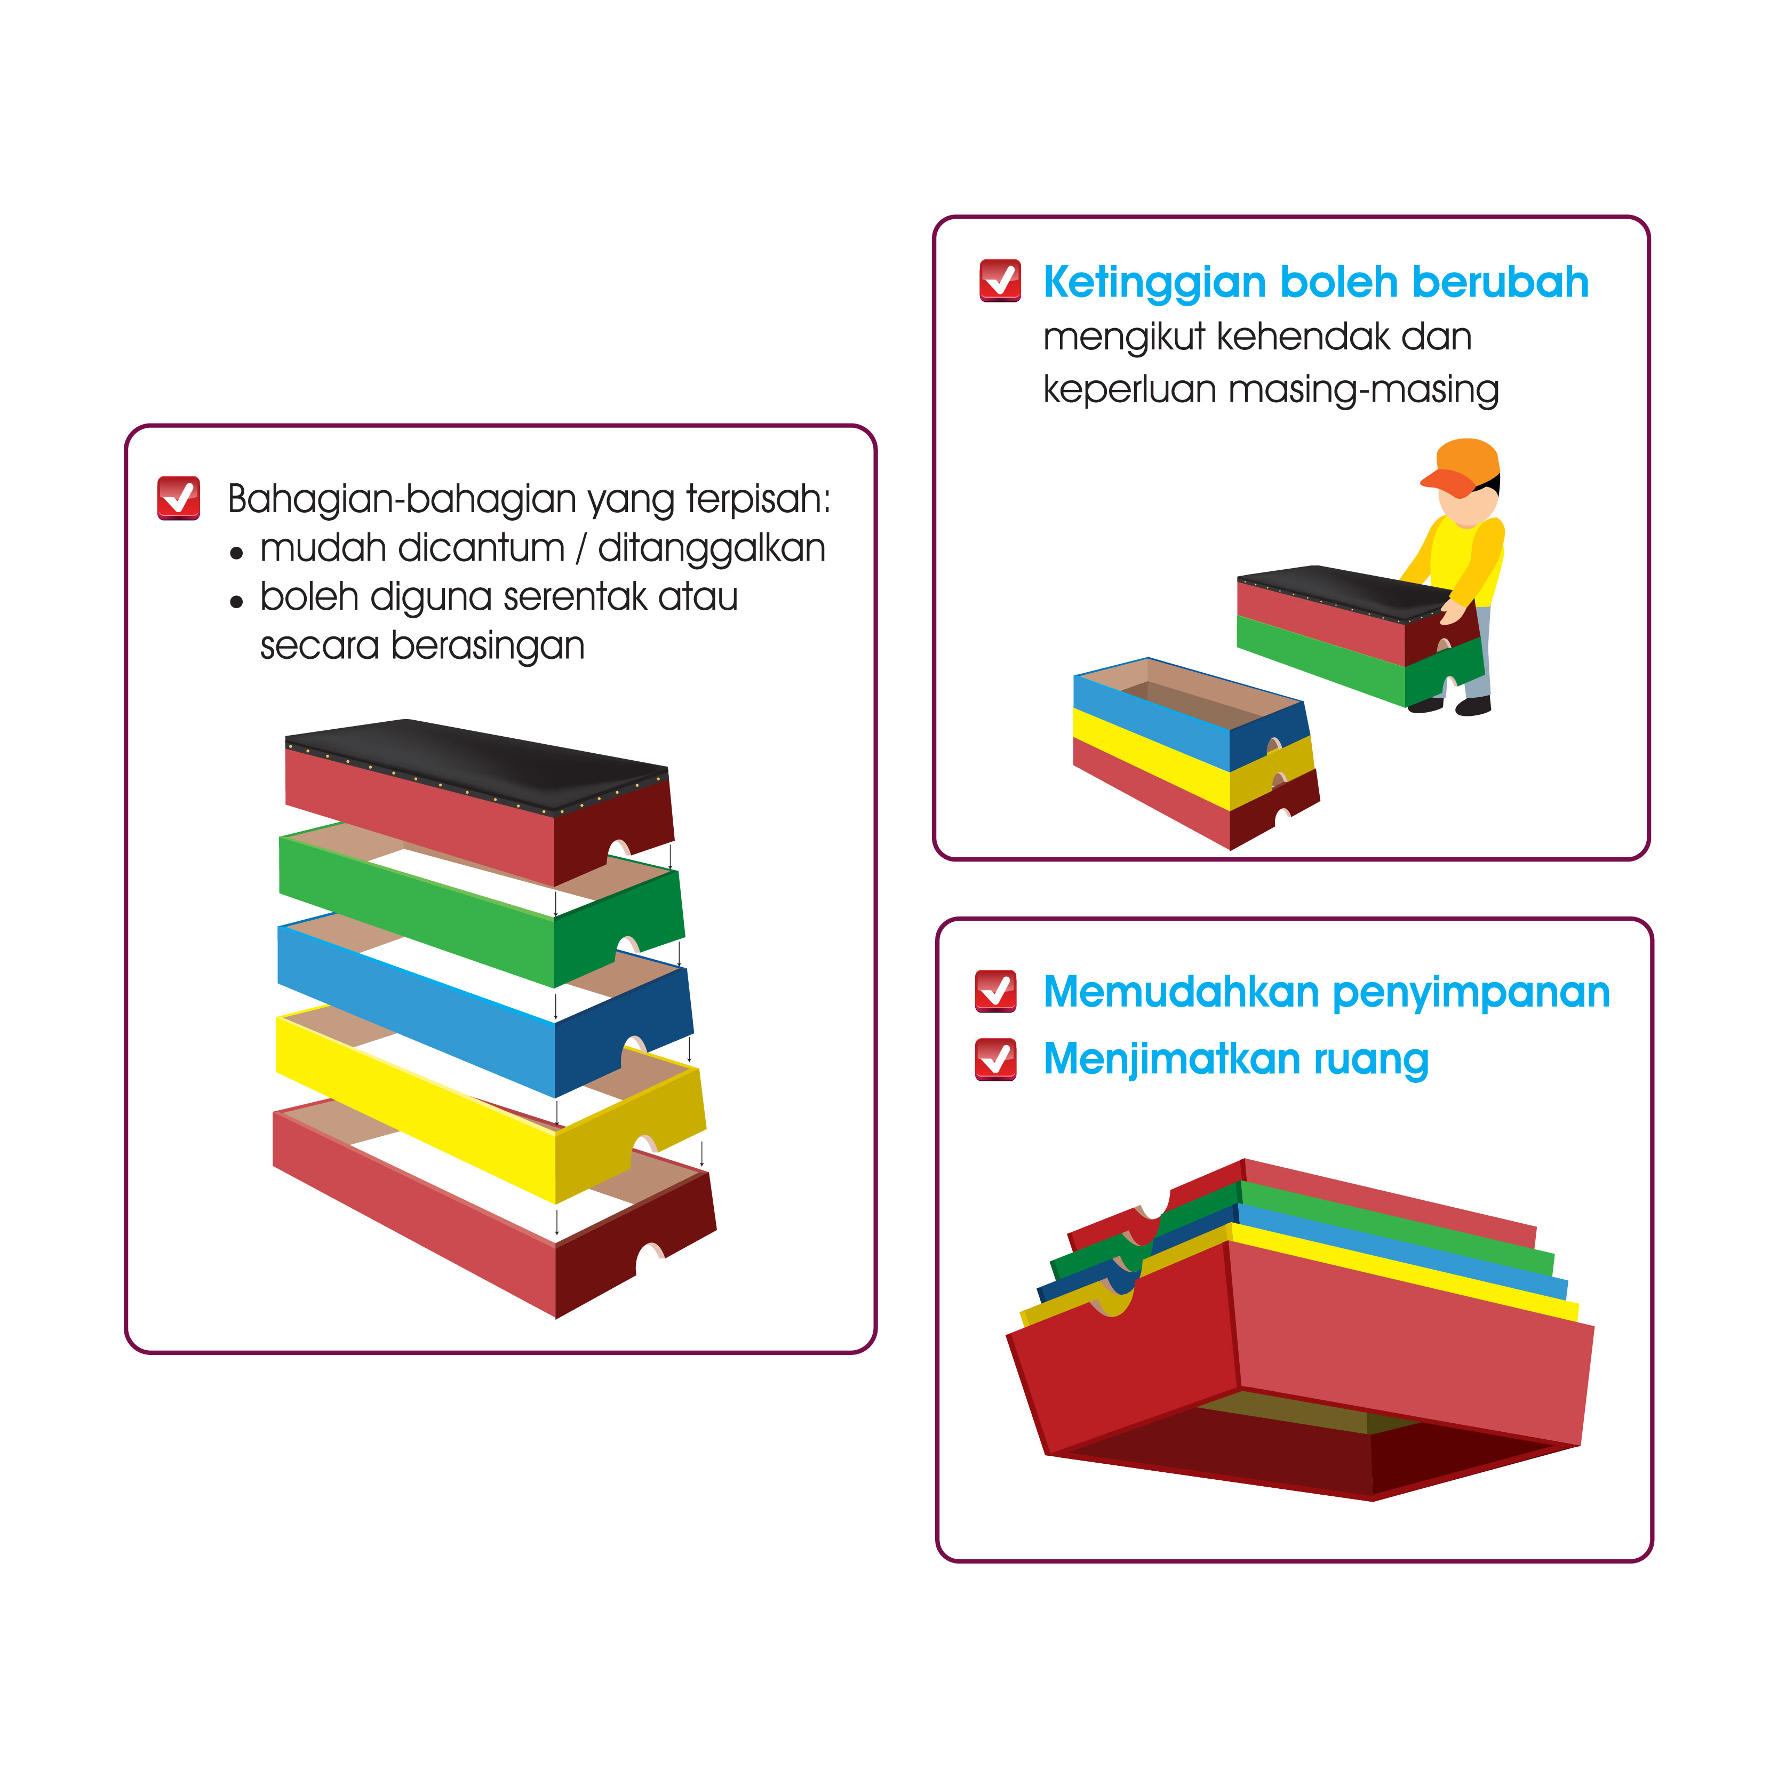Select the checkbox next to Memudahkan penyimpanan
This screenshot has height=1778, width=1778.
(x=996, y=991)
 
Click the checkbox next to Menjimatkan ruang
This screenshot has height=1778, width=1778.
(x=996, y=1058)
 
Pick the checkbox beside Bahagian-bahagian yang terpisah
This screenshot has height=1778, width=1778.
(x=179, y=498)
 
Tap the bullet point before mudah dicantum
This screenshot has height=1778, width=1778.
(x=236, y=553)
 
